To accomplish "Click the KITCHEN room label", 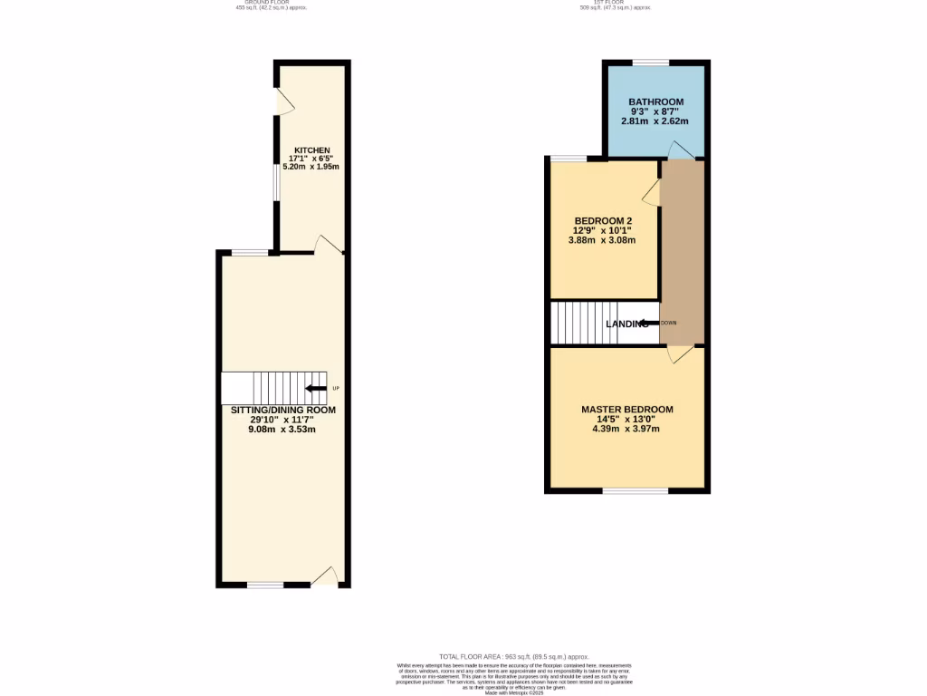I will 311,150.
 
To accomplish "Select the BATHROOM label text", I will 656,101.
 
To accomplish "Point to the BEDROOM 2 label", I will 603,221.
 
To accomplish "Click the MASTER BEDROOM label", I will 627,410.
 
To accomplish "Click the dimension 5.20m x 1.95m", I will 311,168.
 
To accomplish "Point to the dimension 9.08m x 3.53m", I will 282,429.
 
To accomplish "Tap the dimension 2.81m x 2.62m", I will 655,121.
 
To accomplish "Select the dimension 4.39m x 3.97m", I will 626,429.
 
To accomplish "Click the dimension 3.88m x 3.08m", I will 602,240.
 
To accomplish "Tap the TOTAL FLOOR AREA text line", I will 513,656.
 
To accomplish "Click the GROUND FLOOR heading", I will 272,3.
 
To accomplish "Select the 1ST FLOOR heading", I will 616,3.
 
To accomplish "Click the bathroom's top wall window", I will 650,62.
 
